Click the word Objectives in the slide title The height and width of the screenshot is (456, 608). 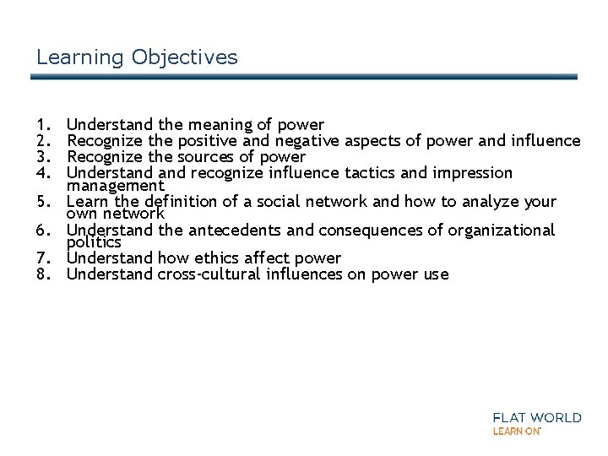[185, 57]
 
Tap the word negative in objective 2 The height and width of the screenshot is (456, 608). [318, 141]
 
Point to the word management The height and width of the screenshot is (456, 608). [116, 185]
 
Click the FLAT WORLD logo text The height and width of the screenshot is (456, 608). [536, 417]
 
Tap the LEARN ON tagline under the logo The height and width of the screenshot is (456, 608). [516, 431]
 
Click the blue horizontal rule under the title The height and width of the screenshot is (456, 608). [304, 77]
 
